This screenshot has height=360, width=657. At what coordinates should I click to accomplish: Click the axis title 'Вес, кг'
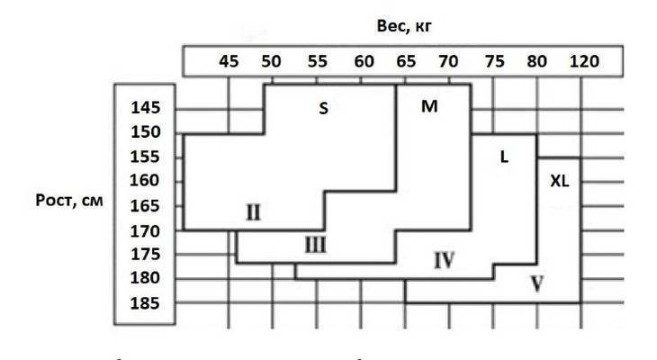(x=404, y=26)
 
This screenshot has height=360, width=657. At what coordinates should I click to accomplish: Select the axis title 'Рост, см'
(x=69, y=201)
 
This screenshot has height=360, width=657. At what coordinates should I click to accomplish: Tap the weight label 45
(x=229, y=61)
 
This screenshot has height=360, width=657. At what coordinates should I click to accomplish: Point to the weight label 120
(x=584, y=61)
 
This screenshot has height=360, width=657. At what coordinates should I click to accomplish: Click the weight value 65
(x=406, y=61)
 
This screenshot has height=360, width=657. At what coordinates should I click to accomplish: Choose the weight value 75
(x=494, y=61)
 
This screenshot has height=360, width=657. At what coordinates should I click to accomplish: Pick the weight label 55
(x=317, y=61)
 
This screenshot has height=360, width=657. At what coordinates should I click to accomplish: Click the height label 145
(x=146, y=108)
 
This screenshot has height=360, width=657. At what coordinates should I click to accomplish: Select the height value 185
(x=145, y=303)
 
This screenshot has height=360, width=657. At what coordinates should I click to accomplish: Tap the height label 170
(x=145, y=231)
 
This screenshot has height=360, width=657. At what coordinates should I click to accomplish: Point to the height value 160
(x=145, y=180)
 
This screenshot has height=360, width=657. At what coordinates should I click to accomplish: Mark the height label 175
(x=146, y=254)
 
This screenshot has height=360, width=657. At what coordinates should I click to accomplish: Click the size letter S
(x=323, y=109)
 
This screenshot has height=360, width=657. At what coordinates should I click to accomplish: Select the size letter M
(x=429, y=106)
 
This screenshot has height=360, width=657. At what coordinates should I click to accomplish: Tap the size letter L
(x=505, y=157)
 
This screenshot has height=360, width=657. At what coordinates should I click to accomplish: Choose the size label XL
(x=560, y=181)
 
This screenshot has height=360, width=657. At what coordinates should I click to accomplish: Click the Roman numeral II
(x=253, y=212)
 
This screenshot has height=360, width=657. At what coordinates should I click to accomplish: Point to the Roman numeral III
(x=315, y=244)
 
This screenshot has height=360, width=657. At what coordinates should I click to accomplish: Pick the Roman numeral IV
(x=444, y=260)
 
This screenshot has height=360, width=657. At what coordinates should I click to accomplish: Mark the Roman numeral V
(x=537, y=283)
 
